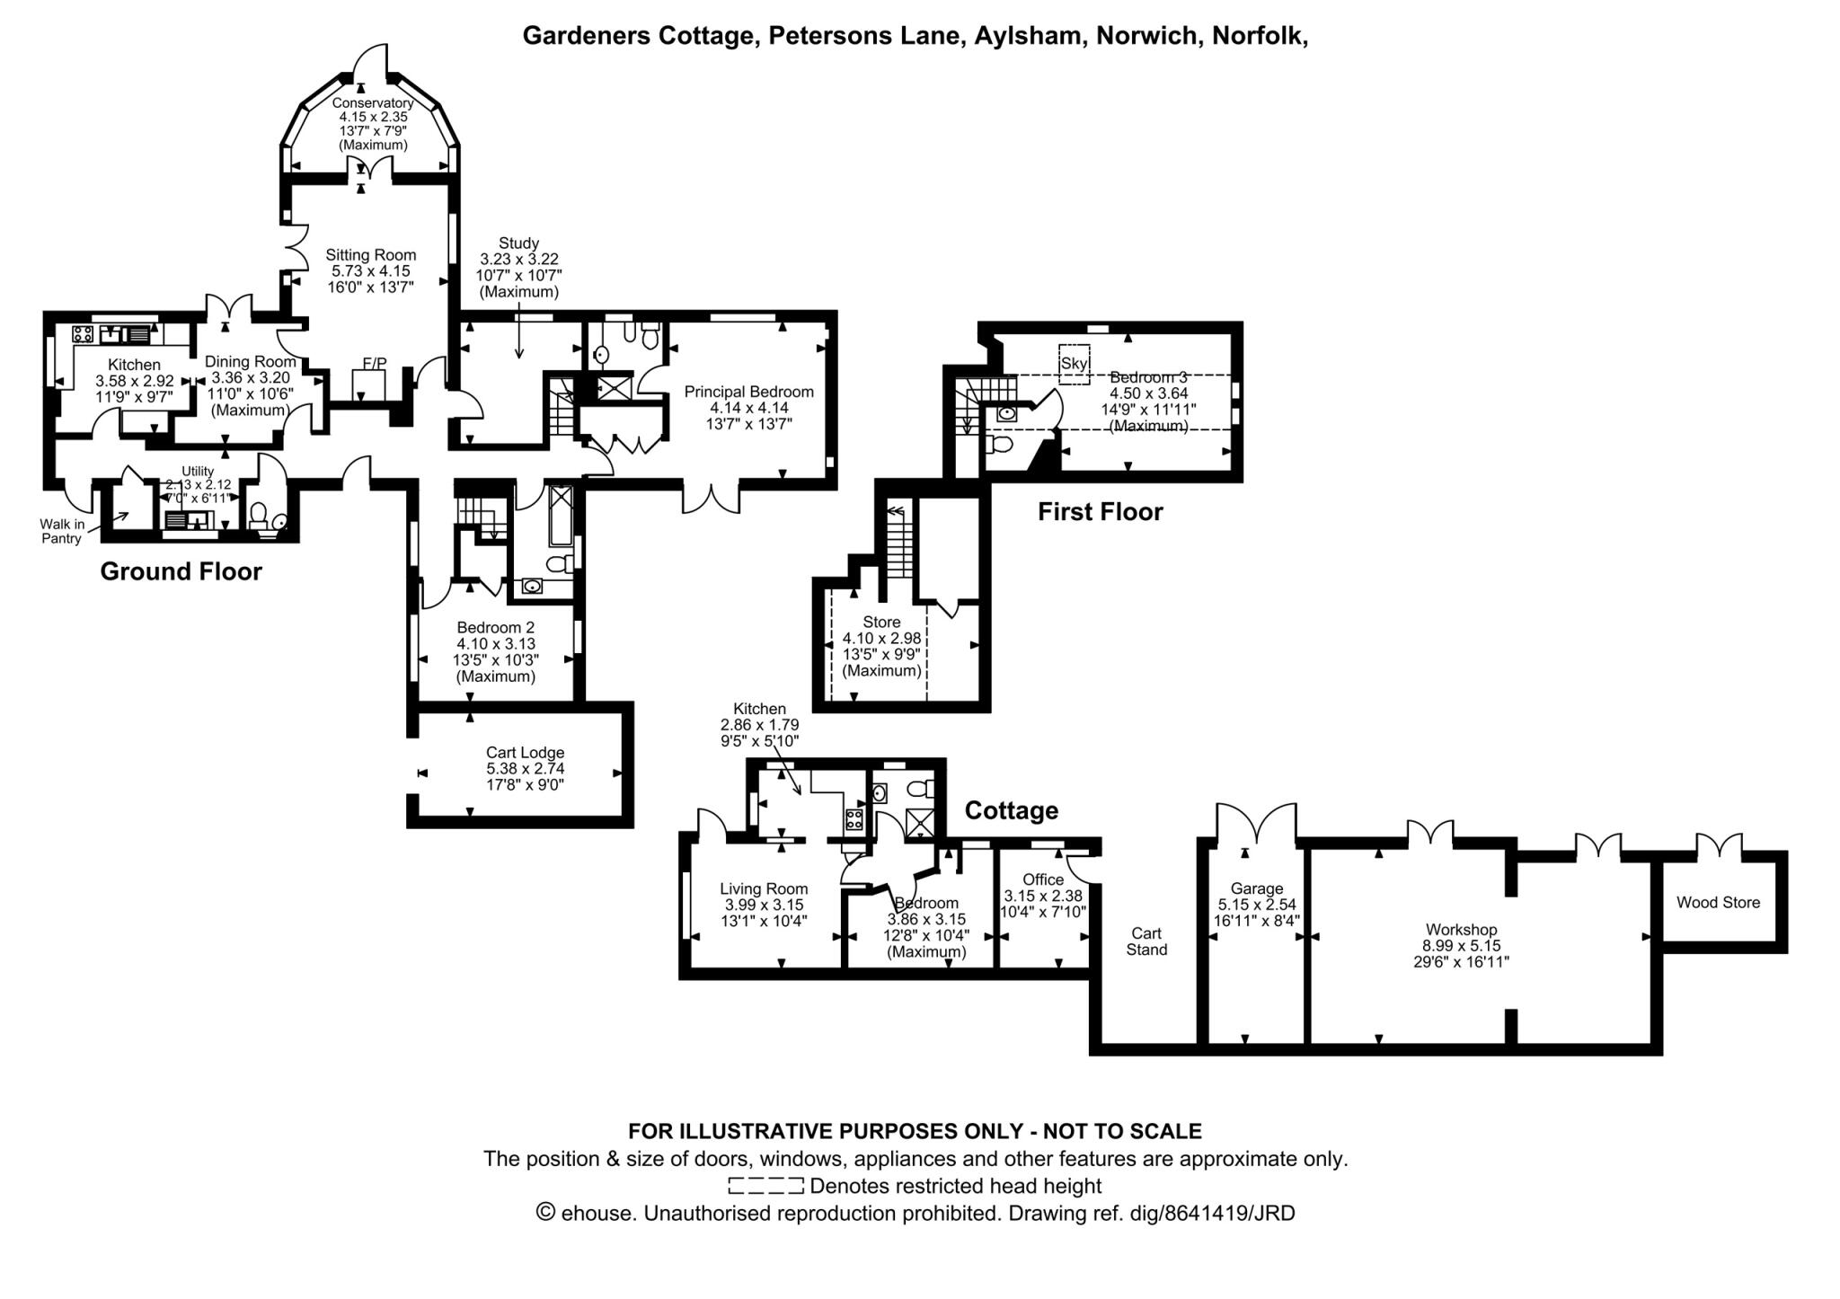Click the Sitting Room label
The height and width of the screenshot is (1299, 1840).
pyautogui.click(x=370, y=255)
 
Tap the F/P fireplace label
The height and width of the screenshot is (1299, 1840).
pyautogui.click(x=374, y=363)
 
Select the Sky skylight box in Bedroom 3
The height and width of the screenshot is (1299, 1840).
pyautogui.click(x=1074, y=364)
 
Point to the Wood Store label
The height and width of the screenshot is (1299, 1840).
pyautogui.click(x=1718, y=903)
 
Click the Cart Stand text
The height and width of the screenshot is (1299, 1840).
pyautogui.click(x=1146, y=941)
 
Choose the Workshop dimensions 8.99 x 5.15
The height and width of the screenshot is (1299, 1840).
pyautogui.click(x=1461, y=946)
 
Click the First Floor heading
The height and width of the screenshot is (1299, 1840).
pyautogui.click(x=1100, y=512)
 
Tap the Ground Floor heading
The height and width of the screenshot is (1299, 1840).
pyautogui.click(x=181, y=571)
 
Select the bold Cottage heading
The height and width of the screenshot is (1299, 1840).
pyautogui.click(x=1011, y=810)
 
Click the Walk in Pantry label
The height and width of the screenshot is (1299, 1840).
pyautogui.click(x=62, y=531)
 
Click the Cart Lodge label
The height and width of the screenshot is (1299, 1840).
pyautogui.click(x=525, y=753)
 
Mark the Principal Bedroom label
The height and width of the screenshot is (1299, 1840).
pyautogui.click(x=748, y=392)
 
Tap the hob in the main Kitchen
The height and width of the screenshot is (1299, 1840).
pyautogui.click(x=84, y=334)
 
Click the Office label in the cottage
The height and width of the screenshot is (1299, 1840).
pyautogui.click(x=1043, y=879)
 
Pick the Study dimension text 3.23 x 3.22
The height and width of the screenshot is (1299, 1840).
pyautogui.click(x=518, y=259)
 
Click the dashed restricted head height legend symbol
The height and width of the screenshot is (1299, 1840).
pyautogui.click(x=765, y=1186)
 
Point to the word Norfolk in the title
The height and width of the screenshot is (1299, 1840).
pyautogui.click(x=1258, y=36)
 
